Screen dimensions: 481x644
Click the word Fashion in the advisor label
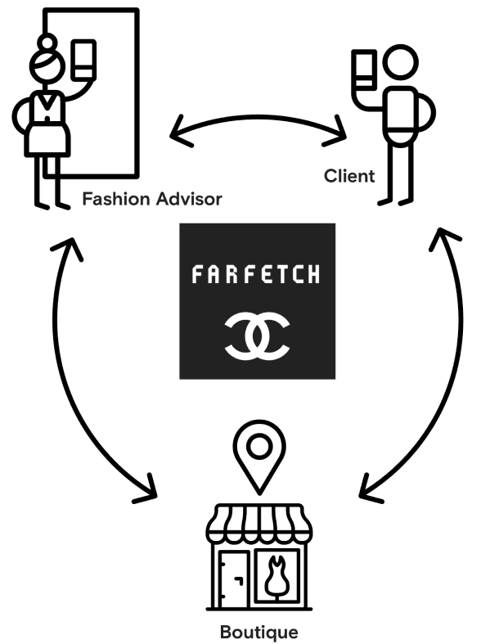(116, 199)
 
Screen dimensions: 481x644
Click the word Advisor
(189, 199)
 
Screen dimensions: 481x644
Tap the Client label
(349, 176)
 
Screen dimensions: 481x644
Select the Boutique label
(259, 632)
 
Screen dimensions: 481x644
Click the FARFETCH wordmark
(256, 274)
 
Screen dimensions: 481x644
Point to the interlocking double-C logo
(258, 336)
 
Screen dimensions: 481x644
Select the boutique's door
(233, 579)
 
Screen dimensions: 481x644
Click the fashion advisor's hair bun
(47, 43)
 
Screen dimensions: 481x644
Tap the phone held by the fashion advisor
(83, 60)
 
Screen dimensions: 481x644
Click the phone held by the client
(364, 70)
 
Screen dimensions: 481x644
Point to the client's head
(401, 62)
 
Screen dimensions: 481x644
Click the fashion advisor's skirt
(47, 138)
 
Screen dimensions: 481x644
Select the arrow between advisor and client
(258, 118)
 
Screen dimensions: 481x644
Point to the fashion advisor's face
(47, 68)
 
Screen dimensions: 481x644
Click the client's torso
(401, 111)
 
